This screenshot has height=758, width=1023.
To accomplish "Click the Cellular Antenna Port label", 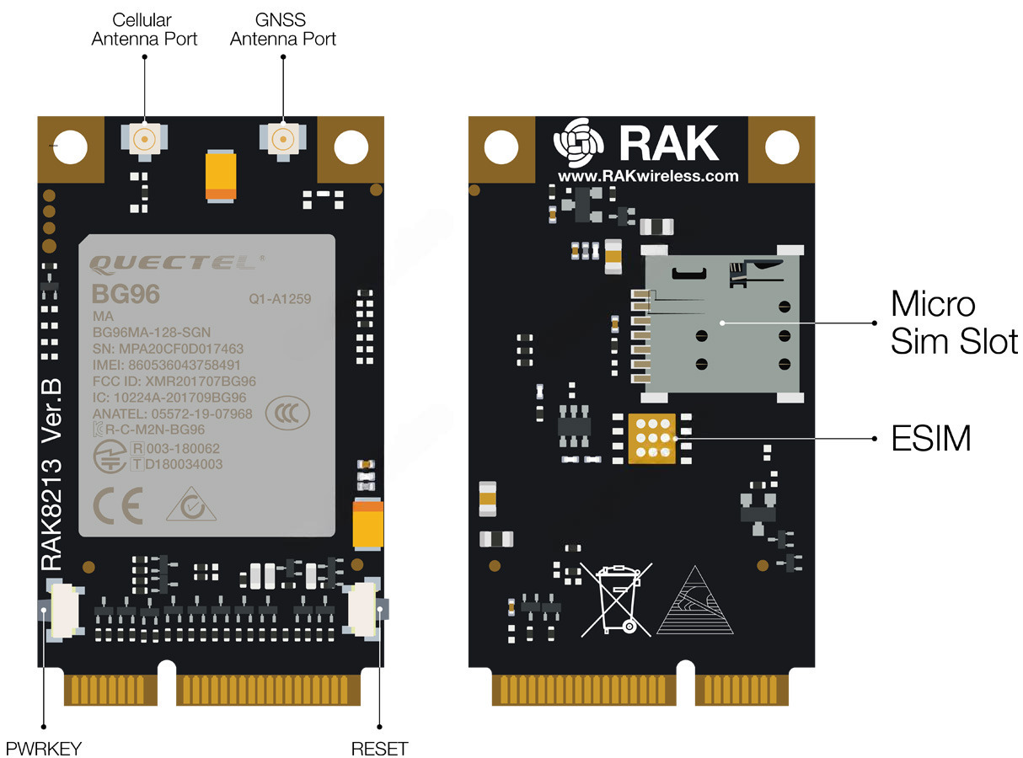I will click(x=144, y=29).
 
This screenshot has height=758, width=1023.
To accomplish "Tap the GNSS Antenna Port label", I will click(x=283, y=29).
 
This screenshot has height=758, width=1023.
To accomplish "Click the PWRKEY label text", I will click(x=44, y=748).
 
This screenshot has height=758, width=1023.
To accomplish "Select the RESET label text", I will click(x=379, y=748).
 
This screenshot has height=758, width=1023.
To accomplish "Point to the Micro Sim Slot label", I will click(x=953, y=322).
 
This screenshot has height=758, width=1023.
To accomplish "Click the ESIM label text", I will click(x=930, y=438).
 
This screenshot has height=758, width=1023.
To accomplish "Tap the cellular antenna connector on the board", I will click(x=145, y=139).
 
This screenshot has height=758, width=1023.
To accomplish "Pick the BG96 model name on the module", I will click(x=125, y=295).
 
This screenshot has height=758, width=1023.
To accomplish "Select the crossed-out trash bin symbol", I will click(x=618, y=600).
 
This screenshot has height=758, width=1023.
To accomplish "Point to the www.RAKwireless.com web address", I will click(x=647, y=176).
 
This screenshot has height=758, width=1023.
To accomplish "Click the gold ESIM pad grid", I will click(x=651, y=438).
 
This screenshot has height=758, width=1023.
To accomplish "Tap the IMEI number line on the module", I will click(x=166, y=365).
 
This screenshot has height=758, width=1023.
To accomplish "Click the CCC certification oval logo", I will click(x=287, y=413).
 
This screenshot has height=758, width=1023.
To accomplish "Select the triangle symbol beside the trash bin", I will click(x=694, y=601).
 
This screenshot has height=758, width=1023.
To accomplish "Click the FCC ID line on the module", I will click(x=174, y=381).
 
